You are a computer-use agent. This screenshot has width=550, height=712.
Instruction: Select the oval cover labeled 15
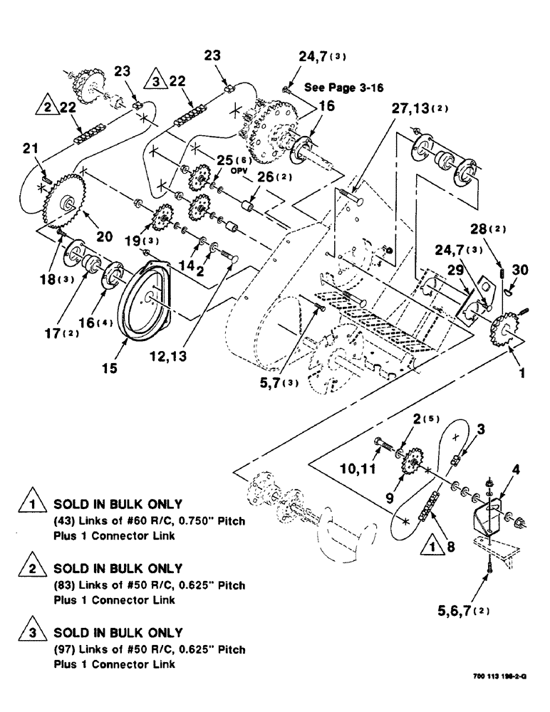[153, 298]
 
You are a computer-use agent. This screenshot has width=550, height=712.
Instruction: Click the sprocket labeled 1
[506, 331]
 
